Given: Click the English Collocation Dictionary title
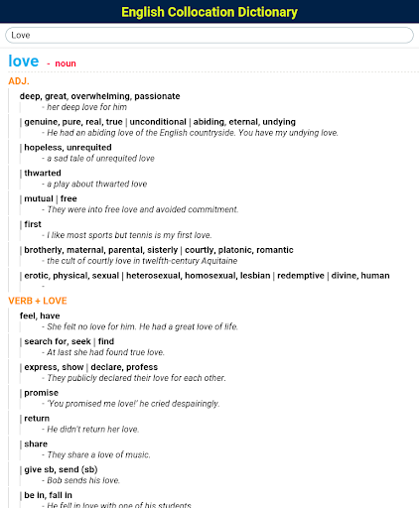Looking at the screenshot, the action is pyautogui.click(x=209, y=12).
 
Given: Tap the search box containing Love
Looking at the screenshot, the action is pyautogui.click(x=209, y=35).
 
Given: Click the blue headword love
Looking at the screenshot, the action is pyautogui.click(x=23, y=62).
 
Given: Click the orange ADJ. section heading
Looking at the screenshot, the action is pyautogui.click(x=19, y=80).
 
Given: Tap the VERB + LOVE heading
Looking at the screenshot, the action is pyautogui.click(x=37, y=300).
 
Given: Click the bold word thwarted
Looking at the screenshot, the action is pyautogui.click(x=43, y=173).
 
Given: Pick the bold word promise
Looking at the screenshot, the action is pyautogui.click(x=42, y=392).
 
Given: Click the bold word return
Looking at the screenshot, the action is pyautogui.click(x=37, y=418).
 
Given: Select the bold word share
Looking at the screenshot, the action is pyautogui.click(x=36, y=444).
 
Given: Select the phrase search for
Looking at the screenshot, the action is pyautogui.click(x=45, y=340).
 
